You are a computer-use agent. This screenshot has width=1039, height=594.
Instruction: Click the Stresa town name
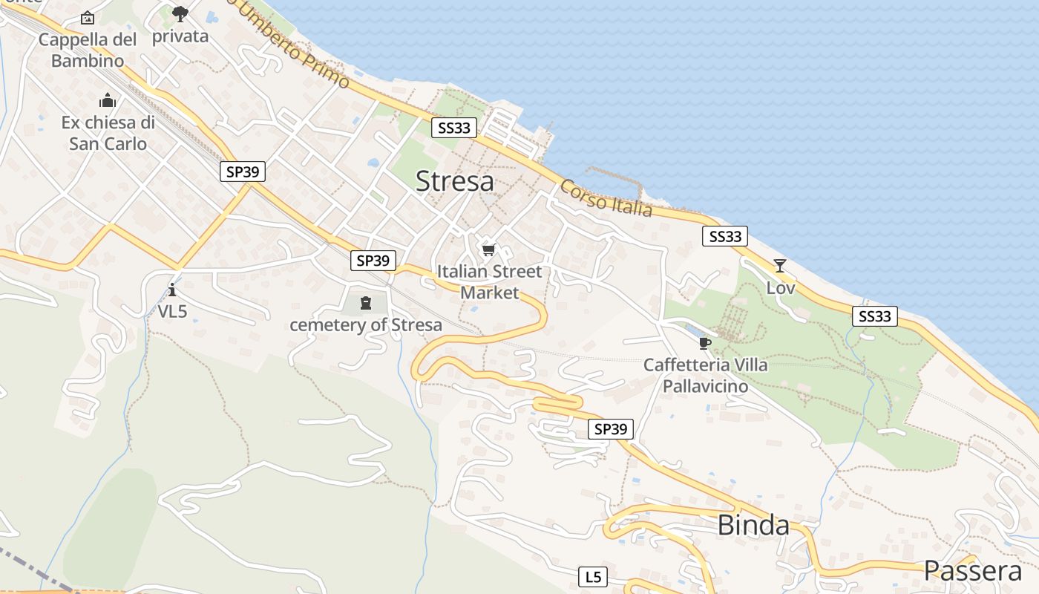tap(454, 181)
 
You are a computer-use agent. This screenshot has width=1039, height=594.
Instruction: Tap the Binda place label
tap(753, 525)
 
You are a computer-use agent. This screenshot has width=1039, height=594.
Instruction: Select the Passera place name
tap(972, 571)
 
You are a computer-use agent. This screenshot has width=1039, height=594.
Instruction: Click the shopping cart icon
tap(488, 249)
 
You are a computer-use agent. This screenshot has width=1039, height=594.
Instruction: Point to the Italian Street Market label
tap(489, 282)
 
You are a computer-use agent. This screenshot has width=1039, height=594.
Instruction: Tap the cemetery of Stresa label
tap(365, 325)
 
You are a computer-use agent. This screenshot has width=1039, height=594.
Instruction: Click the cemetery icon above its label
tap(365, 302)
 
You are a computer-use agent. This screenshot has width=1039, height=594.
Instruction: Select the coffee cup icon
tap(704, 343)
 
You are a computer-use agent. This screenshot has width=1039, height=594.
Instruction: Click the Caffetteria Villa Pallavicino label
tap(705, 376)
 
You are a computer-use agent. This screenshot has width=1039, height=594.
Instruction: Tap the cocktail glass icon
tap(779, 265)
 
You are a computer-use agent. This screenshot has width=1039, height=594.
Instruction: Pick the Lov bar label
tap(780, 287)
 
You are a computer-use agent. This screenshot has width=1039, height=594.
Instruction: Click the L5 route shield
tap(592, 577)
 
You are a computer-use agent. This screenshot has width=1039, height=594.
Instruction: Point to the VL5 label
tap(172, 312)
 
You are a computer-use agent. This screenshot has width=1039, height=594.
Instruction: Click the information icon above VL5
tap(172, 290)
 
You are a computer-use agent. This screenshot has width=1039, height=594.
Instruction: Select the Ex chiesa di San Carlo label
tap(108, 133)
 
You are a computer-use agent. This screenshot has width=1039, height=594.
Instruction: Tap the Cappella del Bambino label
tap(88, 50)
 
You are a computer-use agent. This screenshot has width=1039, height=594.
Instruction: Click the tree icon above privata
tap(180, 13)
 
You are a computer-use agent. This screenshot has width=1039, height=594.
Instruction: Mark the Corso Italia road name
tap(606, 198)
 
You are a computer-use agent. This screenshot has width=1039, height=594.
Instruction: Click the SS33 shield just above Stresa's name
tap(454, 128)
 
